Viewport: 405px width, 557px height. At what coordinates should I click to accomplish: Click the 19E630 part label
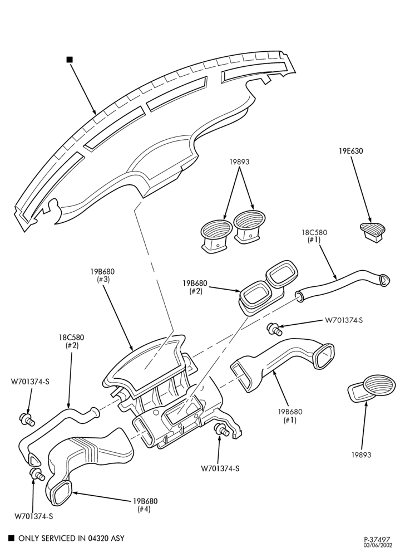tap(350, 151)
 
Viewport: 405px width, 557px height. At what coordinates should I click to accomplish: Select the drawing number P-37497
tap(378, 539)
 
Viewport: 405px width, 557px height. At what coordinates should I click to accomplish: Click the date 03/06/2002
tap(378, 545)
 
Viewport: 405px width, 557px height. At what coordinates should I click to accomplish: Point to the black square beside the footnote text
tap(11, 538)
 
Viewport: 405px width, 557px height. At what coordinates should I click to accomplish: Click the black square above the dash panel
tap(70, 60)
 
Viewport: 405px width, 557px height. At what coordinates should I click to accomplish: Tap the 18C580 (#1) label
tap(314, 236)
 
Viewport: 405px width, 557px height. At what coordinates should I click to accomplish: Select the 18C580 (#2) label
tap(71, 341)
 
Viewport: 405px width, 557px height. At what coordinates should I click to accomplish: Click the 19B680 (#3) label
tap(102, 275)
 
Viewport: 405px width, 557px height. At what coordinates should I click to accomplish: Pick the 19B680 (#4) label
tap(145, 505)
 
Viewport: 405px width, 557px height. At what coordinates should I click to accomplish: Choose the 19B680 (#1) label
tap(290, 416)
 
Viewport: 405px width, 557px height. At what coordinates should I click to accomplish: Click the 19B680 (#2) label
tap(195, 287)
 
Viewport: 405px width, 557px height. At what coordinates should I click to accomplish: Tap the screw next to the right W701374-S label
tap(275, 329)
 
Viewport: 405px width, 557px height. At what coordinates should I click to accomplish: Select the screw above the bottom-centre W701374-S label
tap(221, 431)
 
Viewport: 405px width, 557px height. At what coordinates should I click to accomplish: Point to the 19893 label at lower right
tap(362, 455)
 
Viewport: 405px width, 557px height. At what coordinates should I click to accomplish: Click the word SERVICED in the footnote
tap(55, 538)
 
